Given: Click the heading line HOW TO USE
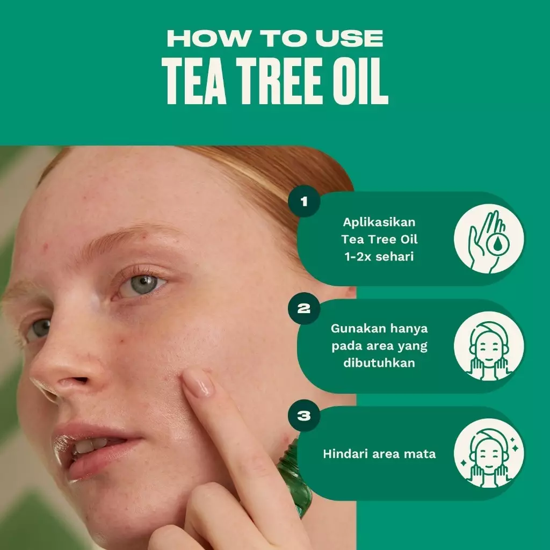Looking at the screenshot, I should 275,38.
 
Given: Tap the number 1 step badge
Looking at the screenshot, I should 304,201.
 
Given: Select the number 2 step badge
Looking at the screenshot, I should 304,309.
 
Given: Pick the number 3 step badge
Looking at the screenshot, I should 304,416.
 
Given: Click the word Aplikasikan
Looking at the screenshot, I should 379,222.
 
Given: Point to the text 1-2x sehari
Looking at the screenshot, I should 379,256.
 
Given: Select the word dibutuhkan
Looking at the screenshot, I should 379,363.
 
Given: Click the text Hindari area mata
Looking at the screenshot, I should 379,454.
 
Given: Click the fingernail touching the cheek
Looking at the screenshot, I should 199,385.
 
